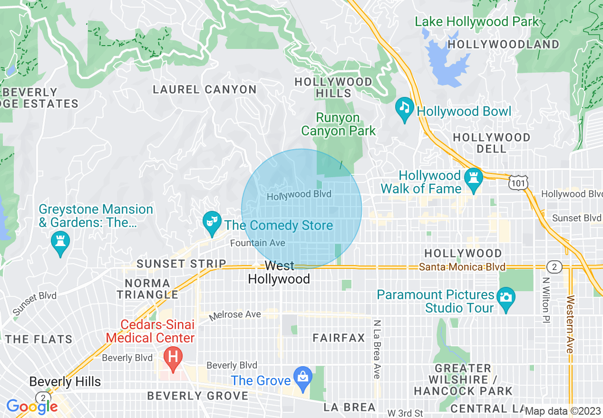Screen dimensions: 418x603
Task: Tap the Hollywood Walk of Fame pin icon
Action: coord(474,180)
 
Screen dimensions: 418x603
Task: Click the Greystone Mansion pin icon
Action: coord(60,242)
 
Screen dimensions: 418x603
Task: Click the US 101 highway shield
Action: coord(517,182)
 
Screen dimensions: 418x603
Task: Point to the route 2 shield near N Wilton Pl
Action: coord(554,266)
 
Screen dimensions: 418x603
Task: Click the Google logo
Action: coord(32,406)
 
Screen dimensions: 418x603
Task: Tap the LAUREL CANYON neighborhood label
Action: coord(204,89)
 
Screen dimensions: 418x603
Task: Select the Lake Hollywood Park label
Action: coord(477,22)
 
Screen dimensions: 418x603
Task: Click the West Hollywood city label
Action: coord(279,272)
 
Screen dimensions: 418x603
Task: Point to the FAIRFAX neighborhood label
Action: coord(339,338)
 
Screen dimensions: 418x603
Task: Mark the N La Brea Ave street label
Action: coord(377,349)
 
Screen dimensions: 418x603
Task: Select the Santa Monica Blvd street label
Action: coord(462,267)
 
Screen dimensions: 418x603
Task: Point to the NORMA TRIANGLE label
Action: coord(147,289)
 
